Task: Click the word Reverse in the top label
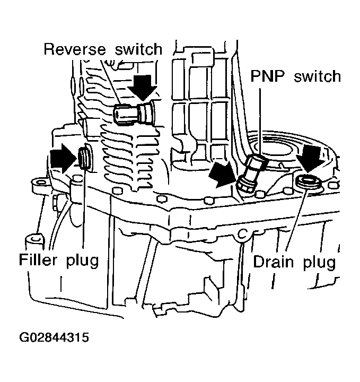75,49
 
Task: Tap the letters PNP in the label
267,76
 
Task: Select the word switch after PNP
317,76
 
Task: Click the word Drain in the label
274,262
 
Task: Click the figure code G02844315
54,337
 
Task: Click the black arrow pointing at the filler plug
64,159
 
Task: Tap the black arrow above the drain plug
311,159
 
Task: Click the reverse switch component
134,113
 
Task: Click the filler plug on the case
84,158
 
